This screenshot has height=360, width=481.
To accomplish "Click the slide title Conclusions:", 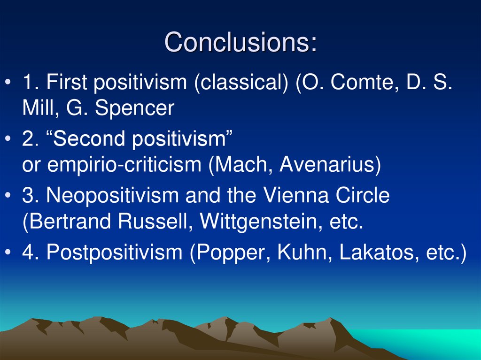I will (x=240, y=42).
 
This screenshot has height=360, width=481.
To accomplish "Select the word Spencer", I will (x=134, y=109).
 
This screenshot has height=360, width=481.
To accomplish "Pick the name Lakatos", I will (x=374, y=253).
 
